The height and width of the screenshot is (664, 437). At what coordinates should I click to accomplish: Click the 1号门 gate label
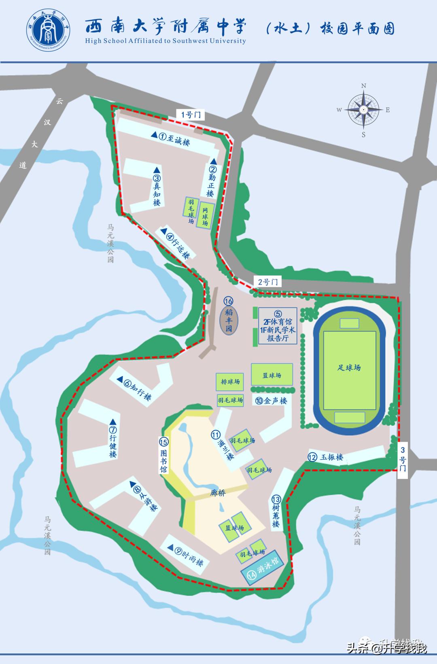(x=191, y=115)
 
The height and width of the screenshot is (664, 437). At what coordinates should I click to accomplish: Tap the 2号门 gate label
(x=268, y=282)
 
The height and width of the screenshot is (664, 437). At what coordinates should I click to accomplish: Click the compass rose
(x=363, y=110)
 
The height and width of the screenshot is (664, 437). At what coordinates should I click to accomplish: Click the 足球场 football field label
(x=349, y=368)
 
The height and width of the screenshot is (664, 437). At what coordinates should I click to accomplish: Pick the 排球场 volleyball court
(x=230, y=381)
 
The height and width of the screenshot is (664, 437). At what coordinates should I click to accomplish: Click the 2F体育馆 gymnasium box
(x=278, y=326)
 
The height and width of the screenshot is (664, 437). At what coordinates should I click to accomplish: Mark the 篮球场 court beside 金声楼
(x=272, y=375)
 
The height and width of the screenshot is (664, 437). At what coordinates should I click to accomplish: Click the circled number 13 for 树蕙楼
(x=276, y=499)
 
